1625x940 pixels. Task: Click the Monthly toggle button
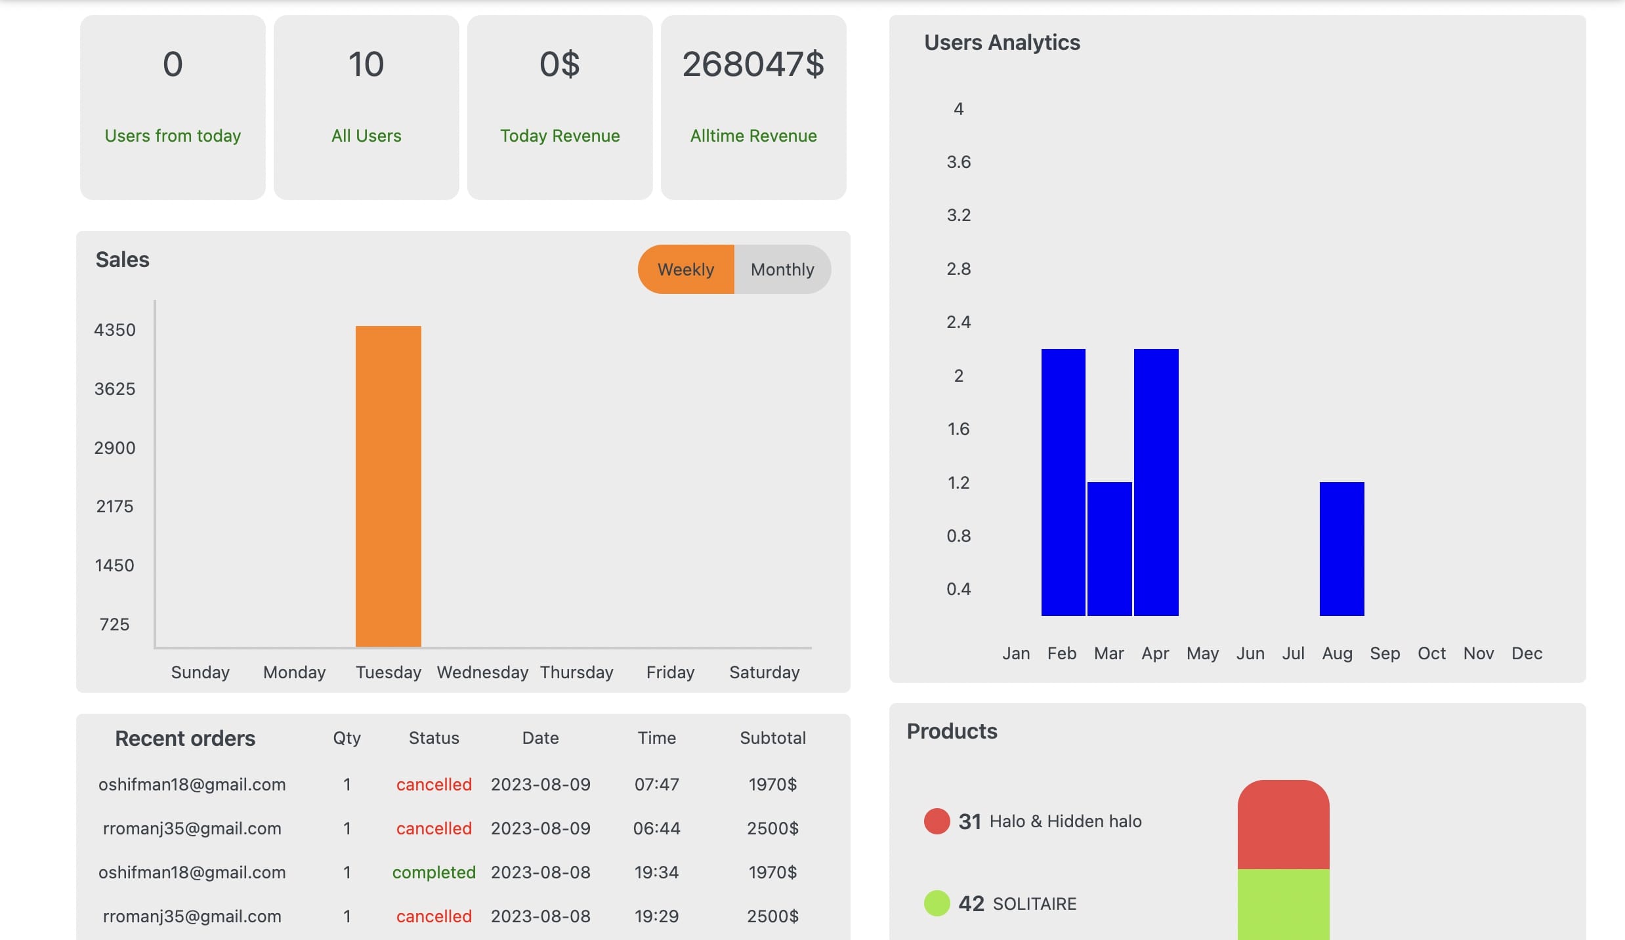tap(783, 270)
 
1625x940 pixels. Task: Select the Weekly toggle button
tap(686, 270)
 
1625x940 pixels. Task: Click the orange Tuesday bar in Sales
tap(389, 486)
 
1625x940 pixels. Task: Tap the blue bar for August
tap(1342, 549)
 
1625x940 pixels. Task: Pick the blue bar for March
tap(1110, 549)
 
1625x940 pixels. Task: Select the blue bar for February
tap(1063, 482)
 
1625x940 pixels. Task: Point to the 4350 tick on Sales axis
tap(115, 330)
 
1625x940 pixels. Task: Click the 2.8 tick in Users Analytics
tap(959, 269)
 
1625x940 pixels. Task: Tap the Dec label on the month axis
tap(1527, 653)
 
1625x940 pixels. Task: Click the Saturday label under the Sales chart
tap(765, 673)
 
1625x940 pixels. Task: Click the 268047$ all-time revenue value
tap(753, 64)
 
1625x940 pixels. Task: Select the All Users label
tap(366, 136)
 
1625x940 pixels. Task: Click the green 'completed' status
tap(434, 872)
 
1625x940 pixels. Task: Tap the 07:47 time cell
tap(657, 785)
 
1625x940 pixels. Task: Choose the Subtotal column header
tap(773, 738)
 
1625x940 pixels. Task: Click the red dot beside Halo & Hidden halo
tap(937, 821)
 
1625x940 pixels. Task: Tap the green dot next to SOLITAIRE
tap(937, 903)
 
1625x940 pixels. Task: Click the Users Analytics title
tap(1002, 43)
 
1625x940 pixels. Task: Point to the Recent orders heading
tap(185, 739)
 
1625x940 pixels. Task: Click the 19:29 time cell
tap(657, 916)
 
